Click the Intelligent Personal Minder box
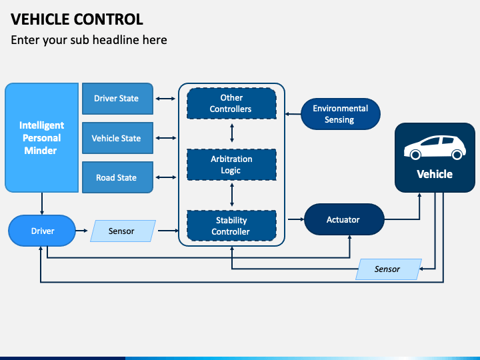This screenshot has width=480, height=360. pyautogui.click(x=41, y=138)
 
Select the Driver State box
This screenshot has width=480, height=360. pyautogui.click(x=117, y=99)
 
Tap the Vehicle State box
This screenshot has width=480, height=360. pyautogui.click(x=117, y=138)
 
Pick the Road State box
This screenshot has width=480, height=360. pyautogui.click(x=117, y=177)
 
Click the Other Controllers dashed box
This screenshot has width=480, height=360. pyautogui.click(x=231, y=103)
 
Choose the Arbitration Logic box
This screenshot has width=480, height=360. pyautogui.click(x=231, y=165)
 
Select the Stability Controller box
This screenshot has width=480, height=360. pyautogui.click(x=231, y=225)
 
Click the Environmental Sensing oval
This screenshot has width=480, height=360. pyautogui.click(x=341, y=114)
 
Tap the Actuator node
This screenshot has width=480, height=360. pyautogui.click(x=344, y=219)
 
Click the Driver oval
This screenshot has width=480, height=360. pyautogui.click(x=42, y=231)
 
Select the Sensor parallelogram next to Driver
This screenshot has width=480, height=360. pyautogui.click(x=123, y=231)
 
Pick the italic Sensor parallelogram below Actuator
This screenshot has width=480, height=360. pyautogui.click(x=389, y=269)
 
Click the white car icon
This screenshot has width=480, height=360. pyautogui.click(x=435, y=147)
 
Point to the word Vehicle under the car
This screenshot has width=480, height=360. pyautogui.click(x=435, y=174)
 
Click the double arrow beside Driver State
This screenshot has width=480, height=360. pyautogui.click(x=165, y=99)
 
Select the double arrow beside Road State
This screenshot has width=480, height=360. pyautogui.click(x=165, y=177)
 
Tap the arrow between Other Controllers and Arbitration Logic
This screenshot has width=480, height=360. pyautogui.click(x=232, y=133)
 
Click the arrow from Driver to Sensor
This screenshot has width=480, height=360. pyautogui.click(x=82, y=231)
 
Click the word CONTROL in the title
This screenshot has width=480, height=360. pyautogui.click(x=109, y=19)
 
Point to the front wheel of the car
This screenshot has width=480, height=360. pyautogui.click(x=457, y=155)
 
